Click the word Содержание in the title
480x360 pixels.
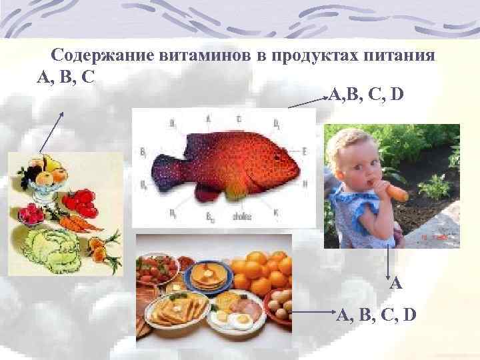tap(103, 55)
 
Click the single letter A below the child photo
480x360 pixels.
tap(396, 283)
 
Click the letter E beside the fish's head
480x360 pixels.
tap(304, 151)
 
